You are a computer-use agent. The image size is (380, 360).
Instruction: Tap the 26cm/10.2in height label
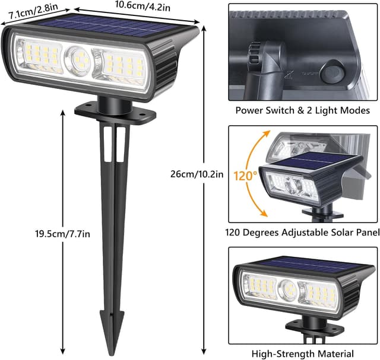196,173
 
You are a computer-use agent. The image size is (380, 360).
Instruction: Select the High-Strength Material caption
303,353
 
